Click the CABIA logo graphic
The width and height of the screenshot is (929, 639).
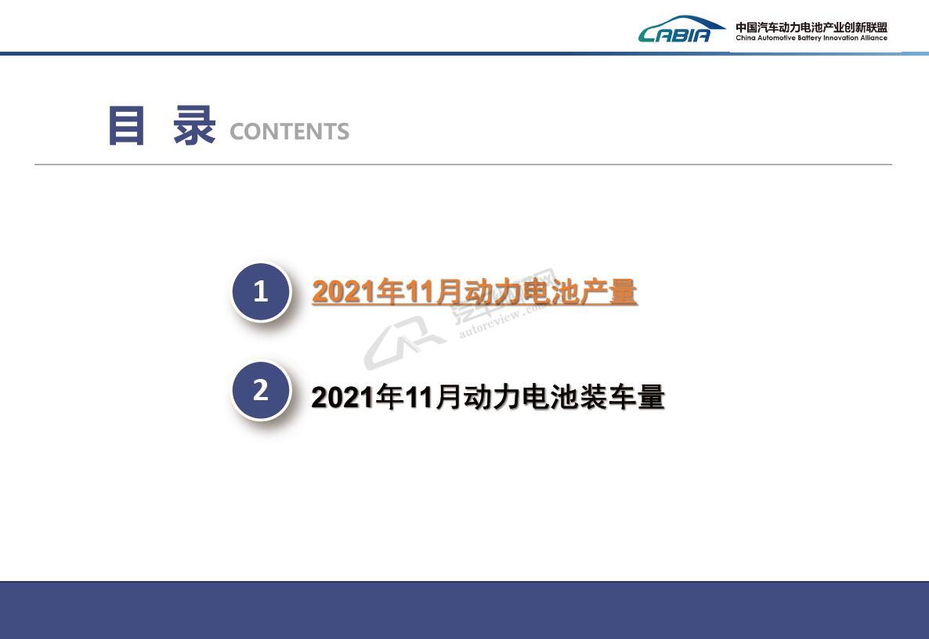tap(681, 29)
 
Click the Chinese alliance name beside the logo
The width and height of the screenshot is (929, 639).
tap(812, 27)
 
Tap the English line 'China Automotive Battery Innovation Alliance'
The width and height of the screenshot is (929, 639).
tap(812, 38)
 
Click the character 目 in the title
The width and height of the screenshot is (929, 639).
tap(126, 125)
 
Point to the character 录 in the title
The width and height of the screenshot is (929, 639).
tap(193, 125)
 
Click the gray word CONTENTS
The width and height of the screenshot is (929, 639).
tap(289, 132)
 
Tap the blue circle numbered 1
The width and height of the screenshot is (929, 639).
tap(261, 292)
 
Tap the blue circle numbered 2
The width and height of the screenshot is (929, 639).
tap(261, 391)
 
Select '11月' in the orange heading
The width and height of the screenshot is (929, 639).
tap(434, 292)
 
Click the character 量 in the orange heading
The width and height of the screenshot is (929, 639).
tap(622, 292)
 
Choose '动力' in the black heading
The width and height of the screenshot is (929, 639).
tap(492, 397)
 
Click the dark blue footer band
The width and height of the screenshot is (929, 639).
tap(464, 610)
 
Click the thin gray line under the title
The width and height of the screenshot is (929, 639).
tap(463, 164)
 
